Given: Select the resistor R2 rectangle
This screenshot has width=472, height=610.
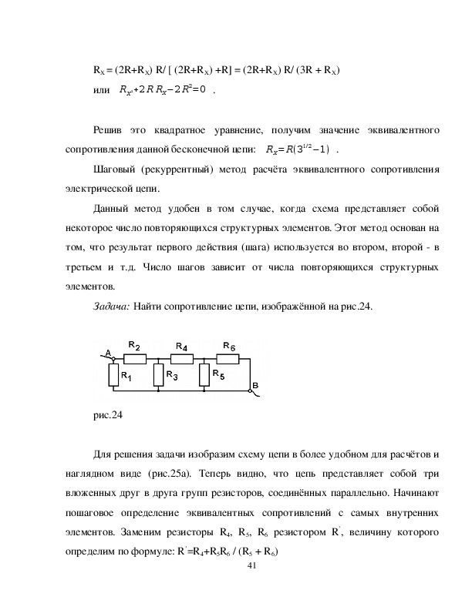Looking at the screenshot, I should pos(135,357).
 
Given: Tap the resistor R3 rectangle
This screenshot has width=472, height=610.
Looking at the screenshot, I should pos(157,375).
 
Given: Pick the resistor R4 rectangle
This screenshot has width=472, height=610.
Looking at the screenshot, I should pos(181,357).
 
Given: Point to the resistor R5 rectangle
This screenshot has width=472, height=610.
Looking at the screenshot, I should pos(204,375).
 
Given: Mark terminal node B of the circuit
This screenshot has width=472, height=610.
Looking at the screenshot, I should pos(250,390).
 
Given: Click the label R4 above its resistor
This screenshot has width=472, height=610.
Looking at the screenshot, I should pos(182,347).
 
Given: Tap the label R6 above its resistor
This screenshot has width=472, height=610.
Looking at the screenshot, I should pos(229,347).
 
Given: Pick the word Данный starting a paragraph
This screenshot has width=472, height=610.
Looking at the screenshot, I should pos(111,209).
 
